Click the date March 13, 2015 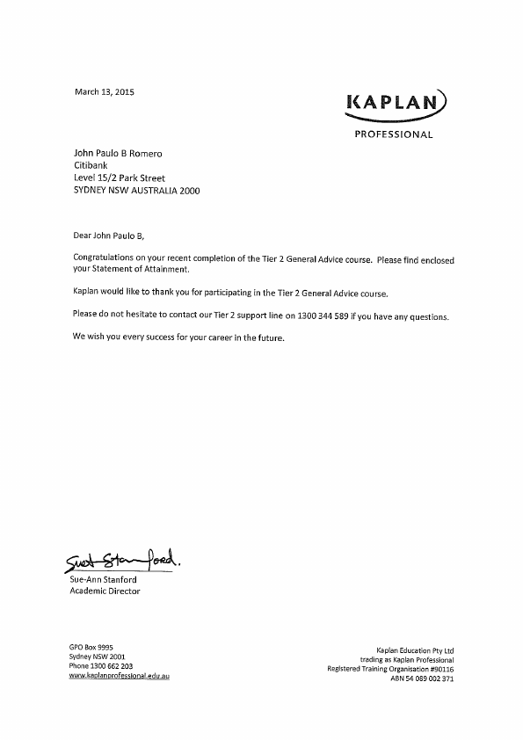(x=104, y=91)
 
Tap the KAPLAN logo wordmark (x=393, y=105)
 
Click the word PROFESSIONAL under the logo (x=393, y=135)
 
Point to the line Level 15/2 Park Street (x=120, y=178)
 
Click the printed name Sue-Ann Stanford (x=103, y=579)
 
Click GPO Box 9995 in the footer (x=91, y=646)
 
